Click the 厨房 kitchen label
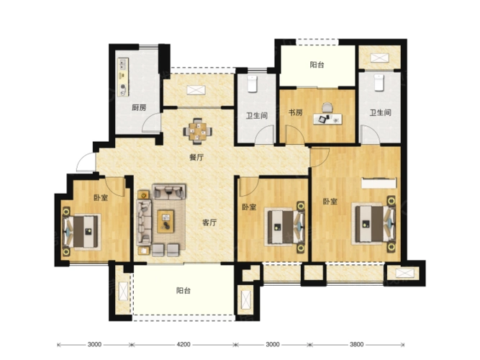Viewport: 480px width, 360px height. (x=139, y=107)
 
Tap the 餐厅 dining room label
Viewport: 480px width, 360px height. (x=196, y=158)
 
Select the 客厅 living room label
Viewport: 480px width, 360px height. (x=209, y=222)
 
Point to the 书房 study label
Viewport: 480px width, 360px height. (x=295, y=112)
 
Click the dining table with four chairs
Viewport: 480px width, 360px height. (x=197, y=131)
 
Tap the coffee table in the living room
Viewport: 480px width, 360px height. (x=166, y=221)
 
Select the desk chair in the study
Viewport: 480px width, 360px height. (x=327, y=107)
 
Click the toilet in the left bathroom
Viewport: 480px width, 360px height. (x=252, y=84)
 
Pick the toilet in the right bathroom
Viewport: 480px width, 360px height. (x=379, y=82)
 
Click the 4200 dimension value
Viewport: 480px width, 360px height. (x=184, y=344)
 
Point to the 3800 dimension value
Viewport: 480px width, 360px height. (x=357, y=344)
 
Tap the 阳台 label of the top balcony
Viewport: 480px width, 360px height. (x=317, y=65)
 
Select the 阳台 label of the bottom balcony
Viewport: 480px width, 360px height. (x=184, y=290)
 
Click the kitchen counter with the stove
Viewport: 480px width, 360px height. (x=123, y=77)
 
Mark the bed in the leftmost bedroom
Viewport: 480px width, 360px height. (x=81, y=231)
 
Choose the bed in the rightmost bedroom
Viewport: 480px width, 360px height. (x=374, y=224)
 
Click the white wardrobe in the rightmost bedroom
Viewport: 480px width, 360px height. (x=379, y=183)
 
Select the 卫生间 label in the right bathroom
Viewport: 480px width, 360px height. (x=380, y=113)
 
